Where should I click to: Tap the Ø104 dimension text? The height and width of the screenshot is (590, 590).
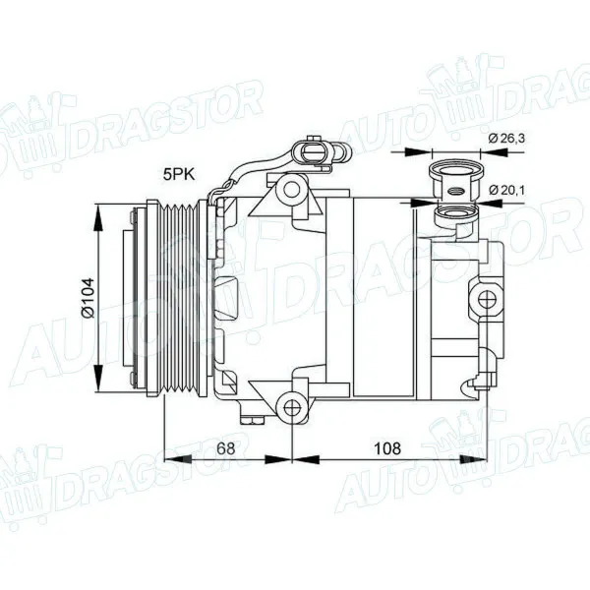[88, 296]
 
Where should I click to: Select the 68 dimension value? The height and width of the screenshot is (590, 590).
[227, 449]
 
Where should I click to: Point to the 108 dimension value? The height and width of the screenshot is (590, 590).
[387, 449]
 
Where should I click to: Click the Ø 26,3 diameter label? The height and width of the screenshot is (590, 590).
[506, 138]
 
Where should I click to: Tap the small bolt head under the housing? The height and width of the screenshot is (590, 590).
[257, 420]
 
